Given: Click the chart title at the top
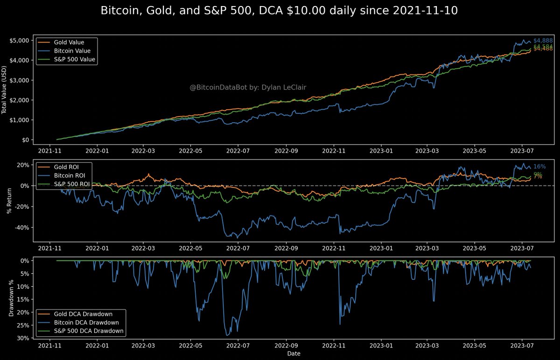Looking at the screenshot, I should point(280,10).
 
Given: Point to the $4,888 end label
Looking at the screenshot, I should point(543,41).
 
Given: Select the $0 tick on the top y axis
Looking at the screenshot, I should point(23,140).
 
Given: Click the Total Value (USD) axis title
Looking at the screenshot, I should point(5,90).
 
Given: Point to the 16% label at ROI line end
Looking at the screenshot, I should point(539,166).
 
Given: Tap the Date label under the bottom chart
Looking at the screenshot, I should point(294,354).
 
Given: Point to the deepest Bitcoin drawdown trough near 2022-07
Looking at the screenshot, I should point(227,335).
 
